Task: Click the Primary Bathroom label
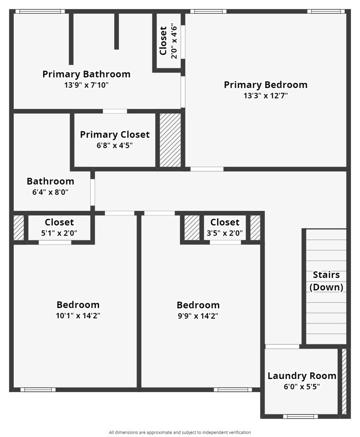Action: click(86, 74)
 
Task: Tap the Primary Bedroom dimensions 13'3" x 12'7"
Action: click(265, 95)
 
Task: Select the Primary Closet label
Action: click(115, 134)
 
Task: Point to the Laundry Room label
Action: click(302, 376)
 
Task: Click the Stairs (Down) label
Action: click(326, 281)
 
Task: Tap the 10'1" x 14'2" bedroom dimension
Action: click(78, 316)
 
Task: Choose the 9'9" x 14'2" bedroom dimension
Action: click(198, 316)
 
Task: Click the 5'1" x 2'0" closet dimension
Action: click(59, 233)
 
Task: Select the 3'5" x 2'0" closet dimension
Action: click(225, 233)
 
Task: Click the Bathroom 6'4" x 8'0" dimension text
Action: click(50, 192)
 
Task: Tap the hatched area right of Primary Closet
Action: click(170, 140)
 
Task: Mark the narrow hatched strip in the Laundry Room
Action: click(344, 381)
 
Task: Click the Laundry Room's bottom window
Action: click(300, 416)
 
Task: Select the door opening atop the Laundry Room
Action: click(282, 347)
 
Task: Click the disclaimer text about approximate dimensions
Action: click(180, 432)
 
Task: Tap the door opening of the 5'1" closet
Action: click(55, 242)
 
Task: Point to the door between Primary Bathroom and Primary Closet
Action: click(115, 111)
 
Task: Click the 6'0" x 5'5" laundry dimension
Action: click(302, 386)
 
